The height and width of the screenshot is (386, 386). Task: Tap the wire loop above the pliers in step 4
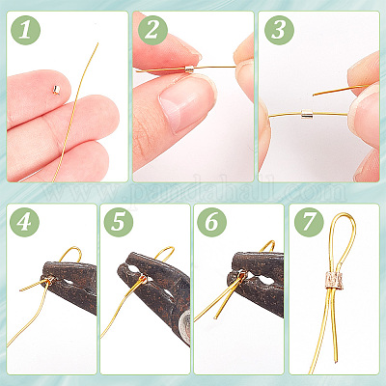coord(70,254)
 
